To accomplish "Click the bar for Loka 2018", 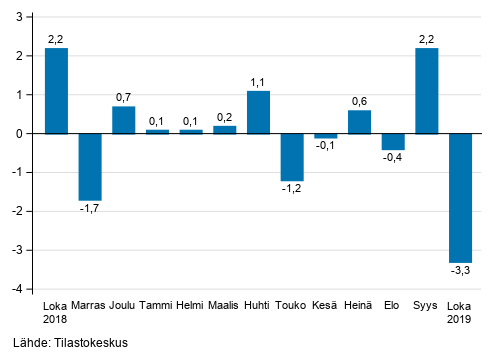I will [57, 91].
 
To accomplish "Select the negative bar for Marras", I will [90, 166].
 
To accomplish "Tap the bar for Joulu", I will [124, 120].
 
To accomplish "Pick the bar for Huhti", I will [258, 112].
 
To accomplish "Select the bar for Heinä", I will [359, 122].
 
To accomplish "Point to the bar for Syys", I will [426, 91].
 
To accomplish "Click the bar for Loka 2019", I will [460, 197].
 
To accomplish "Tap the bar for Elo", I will [393, 141].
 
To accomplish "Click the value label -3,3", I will [460, 270].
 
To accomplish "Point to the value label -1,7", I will [90, 208].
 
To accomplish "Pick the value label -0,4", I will [393, 158].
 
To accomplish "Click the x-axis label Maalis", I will [224, 306].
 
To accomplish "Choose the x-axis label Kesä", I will [325, 306].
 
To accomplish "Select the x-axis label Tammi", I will [157, 306].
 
